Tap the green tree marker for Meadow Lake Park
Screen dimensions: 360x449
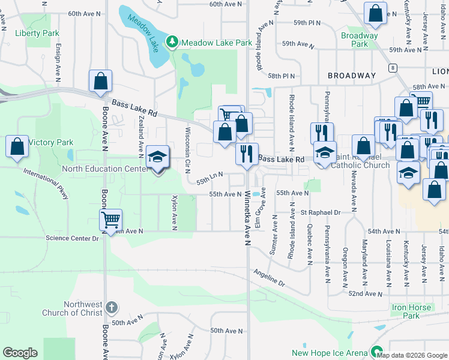[173, 41]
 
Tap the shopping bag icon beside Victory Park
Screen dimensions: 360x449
[17, 146]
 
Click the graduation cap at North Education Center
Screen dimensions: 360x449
[157, 157]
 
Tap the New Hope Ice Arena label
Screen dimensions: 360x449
[329, 353]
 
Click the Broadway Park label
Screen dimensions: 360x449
[359, 40]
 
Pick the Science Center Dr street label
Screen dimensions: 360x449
[71, 238]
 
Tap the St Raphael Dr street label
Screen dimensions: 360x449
[321, 212]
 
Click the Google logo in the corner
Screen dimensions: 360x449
[20, 353]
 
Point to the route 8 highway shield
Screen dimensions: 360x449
[393, 67]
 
